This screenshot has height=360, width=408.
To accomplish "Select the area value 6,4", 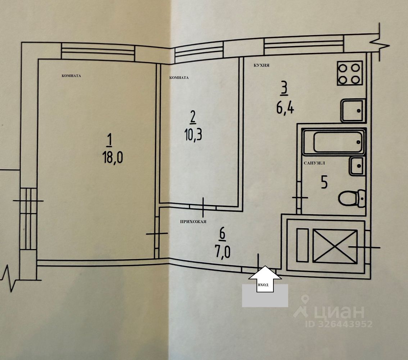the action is (285, 108).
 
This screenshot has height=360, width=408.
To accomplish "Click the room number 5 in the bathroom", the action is (324, 183).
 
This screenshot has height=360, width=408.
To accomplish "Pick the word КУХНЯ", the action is (262, 66).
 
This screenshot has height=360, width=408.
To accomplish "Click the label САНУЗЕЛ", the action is (315, 163).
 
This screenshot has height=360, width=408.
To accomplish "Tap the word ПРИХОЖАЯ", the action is (193, 222).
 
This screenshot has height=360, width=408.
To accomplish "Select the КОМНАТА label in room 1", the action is (71, 76).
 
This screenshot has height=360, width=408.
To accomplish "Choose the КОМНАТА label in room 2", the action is (179, 77).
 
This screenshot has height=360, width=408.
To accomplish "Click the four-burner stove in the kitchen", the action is (349, 73).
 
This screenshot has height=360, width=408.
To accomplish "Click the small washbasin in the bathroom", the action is (357, 166).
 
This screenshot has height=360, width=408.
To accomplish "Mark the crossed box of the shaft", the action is (335, 246).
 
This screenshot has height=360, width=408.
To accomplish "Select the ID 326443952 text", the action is (339, 324).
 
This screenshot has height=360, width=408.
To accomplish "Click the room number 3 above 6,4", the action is (284, 88).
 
